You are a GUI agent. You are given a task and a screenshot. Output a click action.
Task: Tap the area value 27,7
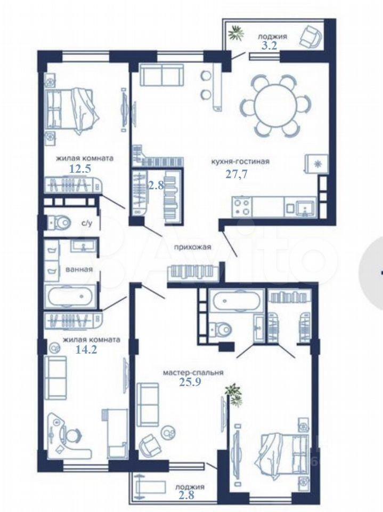237,174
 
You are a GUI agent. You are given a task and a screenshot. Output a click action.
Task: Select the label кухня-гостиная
240,161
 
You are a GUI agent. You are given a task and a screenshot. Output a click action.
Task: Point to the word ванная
79,269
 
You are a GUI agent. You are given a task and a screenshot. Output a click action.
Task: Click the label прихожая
192,247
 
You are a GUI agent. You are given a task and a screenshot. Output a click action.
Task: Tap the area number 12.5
80,169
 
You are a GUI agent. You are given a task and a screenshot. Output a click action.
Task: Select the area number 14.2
86,350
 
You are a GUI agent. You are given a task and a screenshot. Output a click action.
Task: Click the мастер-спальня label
193,373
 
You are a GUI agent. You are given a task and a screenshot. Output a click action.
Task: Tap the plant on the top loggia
236,33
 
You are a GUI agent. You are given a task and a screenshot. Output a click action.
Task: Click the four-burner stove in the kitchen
242,207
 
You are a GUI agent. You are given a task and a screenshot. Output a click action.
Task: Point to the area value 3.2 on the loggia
270,45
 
